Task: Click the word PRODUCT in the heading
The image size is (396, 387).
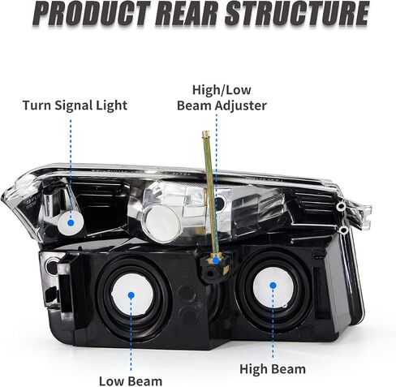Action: [92, 14]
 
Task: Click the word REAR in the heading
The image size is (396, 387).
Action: [186, 14]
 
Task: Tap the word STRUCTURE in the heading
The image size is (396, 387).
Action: [297, 14]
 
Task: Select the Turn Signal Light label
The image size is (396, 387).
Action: [75, 105]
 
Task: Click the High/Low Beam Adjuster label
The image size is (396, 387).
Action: [222, 97]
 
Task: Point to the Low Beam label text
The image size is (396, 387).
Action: [131, 381]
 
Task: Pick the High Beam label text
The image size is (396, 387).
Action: [273, 369]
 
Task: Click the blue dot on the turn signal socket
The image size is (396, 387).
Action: [71, 223]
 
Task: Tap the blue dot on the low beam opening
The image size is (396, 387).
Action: [131, 295]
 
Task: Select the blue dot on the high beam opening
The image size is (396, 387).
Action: [273, 285]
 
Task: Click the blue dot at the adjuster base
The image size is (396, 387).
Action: [216, 260]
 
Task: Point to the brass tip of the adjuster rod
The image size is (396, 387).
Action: [206, 133]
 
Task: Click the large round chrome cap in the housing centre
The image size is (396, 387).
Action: [162, 224]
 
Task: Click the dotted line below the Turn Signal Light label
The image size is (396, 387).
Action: [71, 169]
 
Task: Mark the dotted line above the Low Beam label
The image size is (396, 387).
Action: [131, 335]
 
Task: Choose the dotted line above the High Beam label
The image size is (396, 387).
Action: [273, 324]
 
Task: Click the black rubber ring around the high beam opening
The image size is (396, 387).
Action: [242, 286]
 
